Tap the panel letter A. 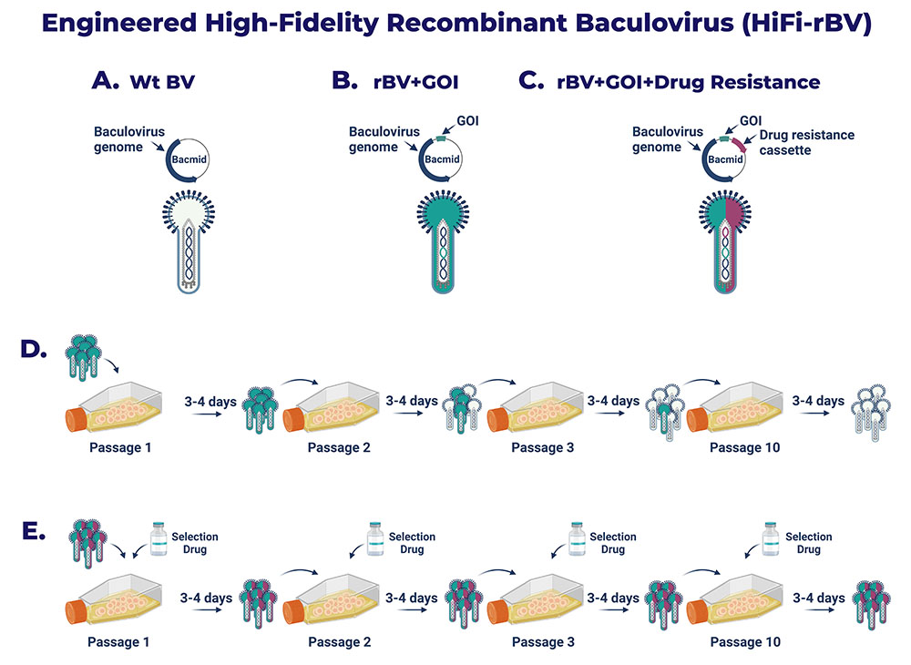click(x=105, y=80)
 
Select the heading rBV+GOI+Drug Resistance click(x=689, y=83)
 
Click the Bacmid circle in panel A click(x=187, y=159)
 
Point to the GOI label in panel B click(x=467, y=121)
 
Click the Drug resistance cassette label click(x=806, y=142)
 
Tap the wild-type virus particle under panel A click(x=189, y=241)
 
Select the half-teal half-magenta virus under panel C click(x=725, y=241)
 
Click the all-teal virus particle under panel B click(x=443, y=241)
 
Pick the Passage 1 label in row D click(x=120, y=448)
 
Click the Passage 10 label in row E click(x=745, y=641)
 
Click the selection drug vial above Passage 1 click(x=159, y=539)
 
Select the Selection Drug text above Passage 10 click(x=808, y=543)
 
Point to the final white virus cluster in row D click(x=871, y=412)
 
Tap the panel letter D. click(x=33, y=349)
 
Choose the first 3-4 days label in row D click(x=210, y=402)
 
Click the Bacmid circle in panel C click(x=724, y=159)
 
